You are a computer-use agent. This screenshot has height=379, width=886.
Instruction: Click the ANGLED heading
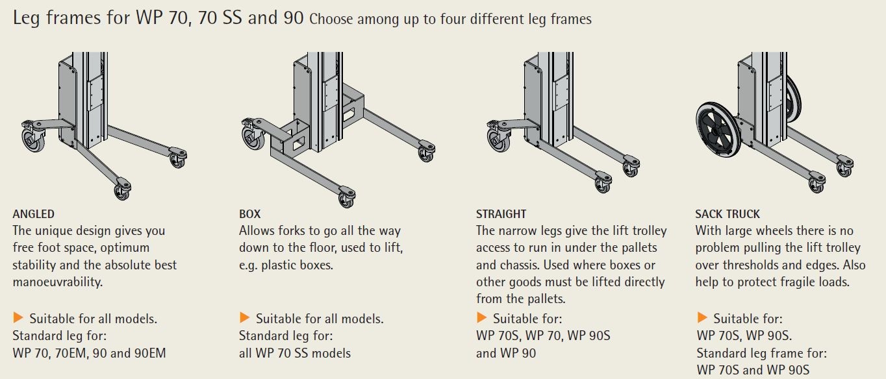(34, 214)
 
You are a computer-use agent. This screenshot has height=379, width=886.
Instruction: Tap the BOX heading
(249, 214)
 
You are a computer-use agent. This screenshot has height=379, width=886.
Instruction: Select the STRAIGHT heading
(501, 214)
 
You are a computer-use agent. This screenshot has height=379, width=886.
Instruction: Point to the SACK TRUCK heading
(728, 214)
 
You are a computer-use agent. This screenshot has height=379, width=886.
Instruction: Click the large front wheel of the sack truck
(718, 130)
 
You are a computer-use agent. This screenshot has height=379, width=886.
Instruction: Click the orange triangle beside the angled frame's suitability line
(18, 317)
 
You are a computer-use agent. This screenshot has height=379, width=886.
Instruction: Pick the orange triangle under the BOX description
(244, 317)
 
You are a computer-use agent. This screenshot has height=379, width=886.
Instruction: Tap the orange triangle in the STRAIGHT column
(481, 317)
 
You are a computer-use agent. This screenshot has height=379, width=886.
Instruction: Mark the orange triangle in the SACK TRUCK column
(702, 317)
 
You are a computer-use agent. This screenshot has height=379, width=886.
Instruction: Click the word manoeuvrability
(57, 282)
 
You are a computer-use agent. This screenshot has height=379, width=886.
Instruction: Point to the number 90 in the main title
(294, 18)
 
